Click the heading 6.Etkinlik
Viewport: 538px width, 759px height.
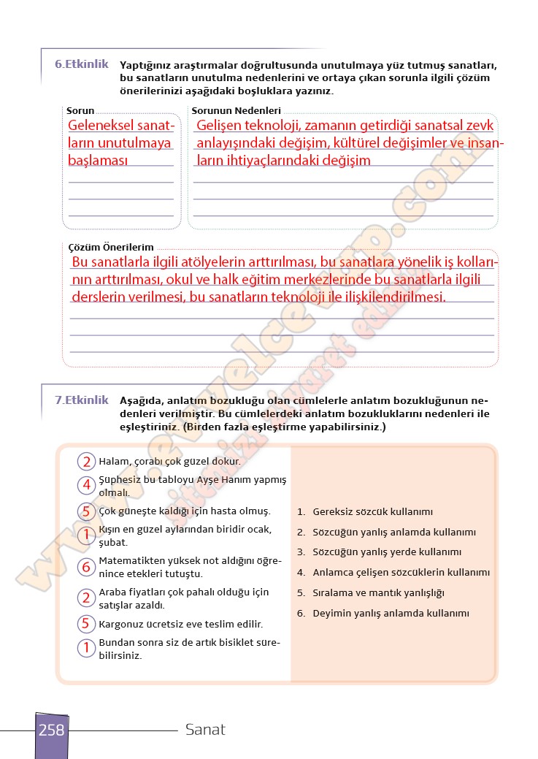tap(81, 64)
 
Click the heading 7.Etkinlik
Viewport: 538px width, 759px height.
tap(81, 400)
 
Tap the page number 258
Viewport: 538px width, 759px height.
tap(51, 730)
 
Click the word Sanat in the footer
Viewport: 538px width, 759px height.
tap(205, 729)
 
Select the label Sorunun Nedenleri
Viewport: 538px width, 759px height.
tap(236, 110)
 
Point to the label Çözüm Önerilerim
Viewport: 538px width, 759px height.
tap(110, 248)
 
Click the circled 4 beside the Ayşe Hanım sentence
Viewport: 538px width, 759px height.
tap(86, 484)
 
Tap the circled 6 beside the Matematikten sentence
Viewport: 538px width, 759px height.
tap(86, 567)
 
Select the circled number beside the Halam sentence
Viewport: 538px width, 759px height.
tap(86, 462)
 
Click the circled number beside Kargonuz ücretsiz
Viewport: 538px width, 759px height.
tap(86, 624)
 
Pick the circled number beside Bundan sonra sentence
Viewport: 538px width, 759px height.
tap(86, 647)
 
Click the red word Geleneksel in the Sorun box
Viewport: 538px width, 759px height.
tap(101, 125)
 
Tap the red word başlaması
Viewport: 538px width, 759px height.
tap(98, 160)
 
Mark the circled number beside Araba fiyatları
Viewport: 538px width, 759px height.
tap(86, 598)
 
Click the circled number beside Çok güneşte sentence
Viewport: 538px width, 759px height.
tap(86, 511)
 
